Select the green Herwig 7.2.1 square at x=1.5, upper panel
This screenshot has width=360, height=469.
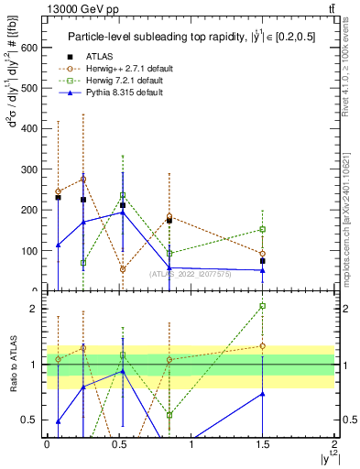263,229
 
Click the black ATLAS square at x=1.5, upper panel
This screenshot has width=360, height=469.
263,260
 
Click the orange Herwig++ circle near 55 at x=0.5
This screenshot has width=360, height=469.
123,269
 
